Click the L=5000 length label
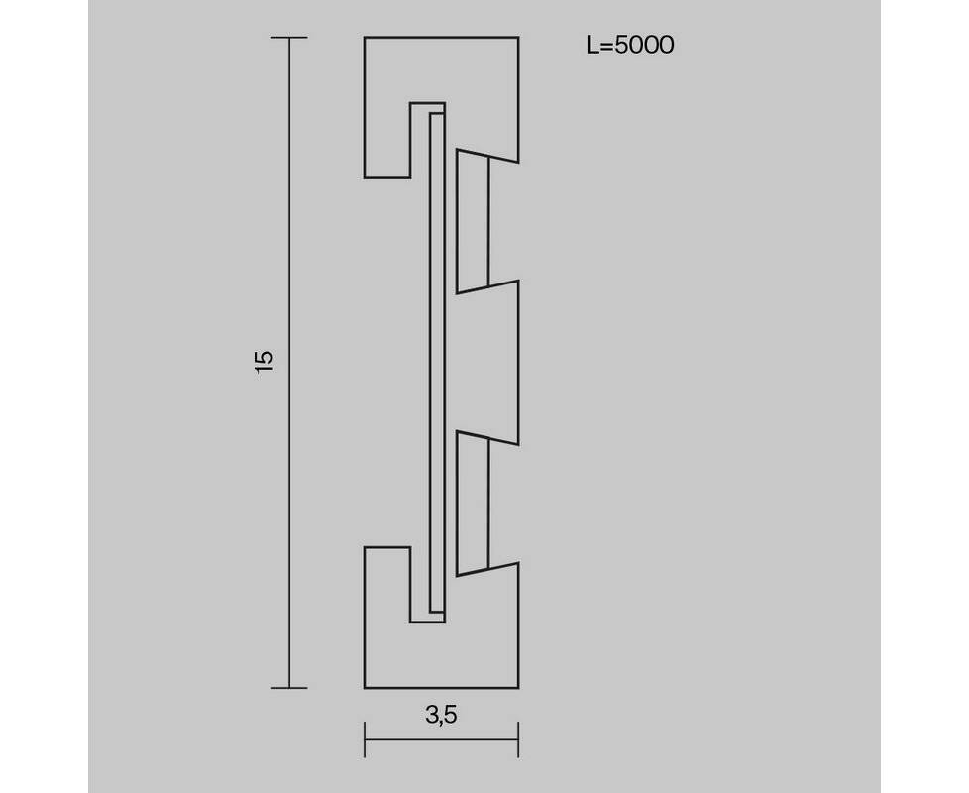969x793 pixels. click(630, 46)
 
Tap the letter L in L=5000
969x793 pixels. click(592, 46)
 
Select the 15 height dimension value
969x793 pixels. click(264, 362)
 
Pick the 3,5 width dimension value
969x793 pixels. click(441, 715)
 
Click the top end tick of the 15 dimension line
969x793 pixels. click(289, 38)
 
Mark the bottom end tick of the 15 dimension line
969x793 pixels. click(289, 687)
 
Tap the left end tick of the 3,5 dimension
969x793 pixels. click(365, 739)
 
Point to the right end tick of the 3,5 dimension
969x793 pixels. click(518, 739)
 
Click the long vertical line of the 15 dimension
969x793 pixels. click(289, 362)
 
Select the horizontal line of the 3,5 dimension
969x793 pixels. click(441, 739)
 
